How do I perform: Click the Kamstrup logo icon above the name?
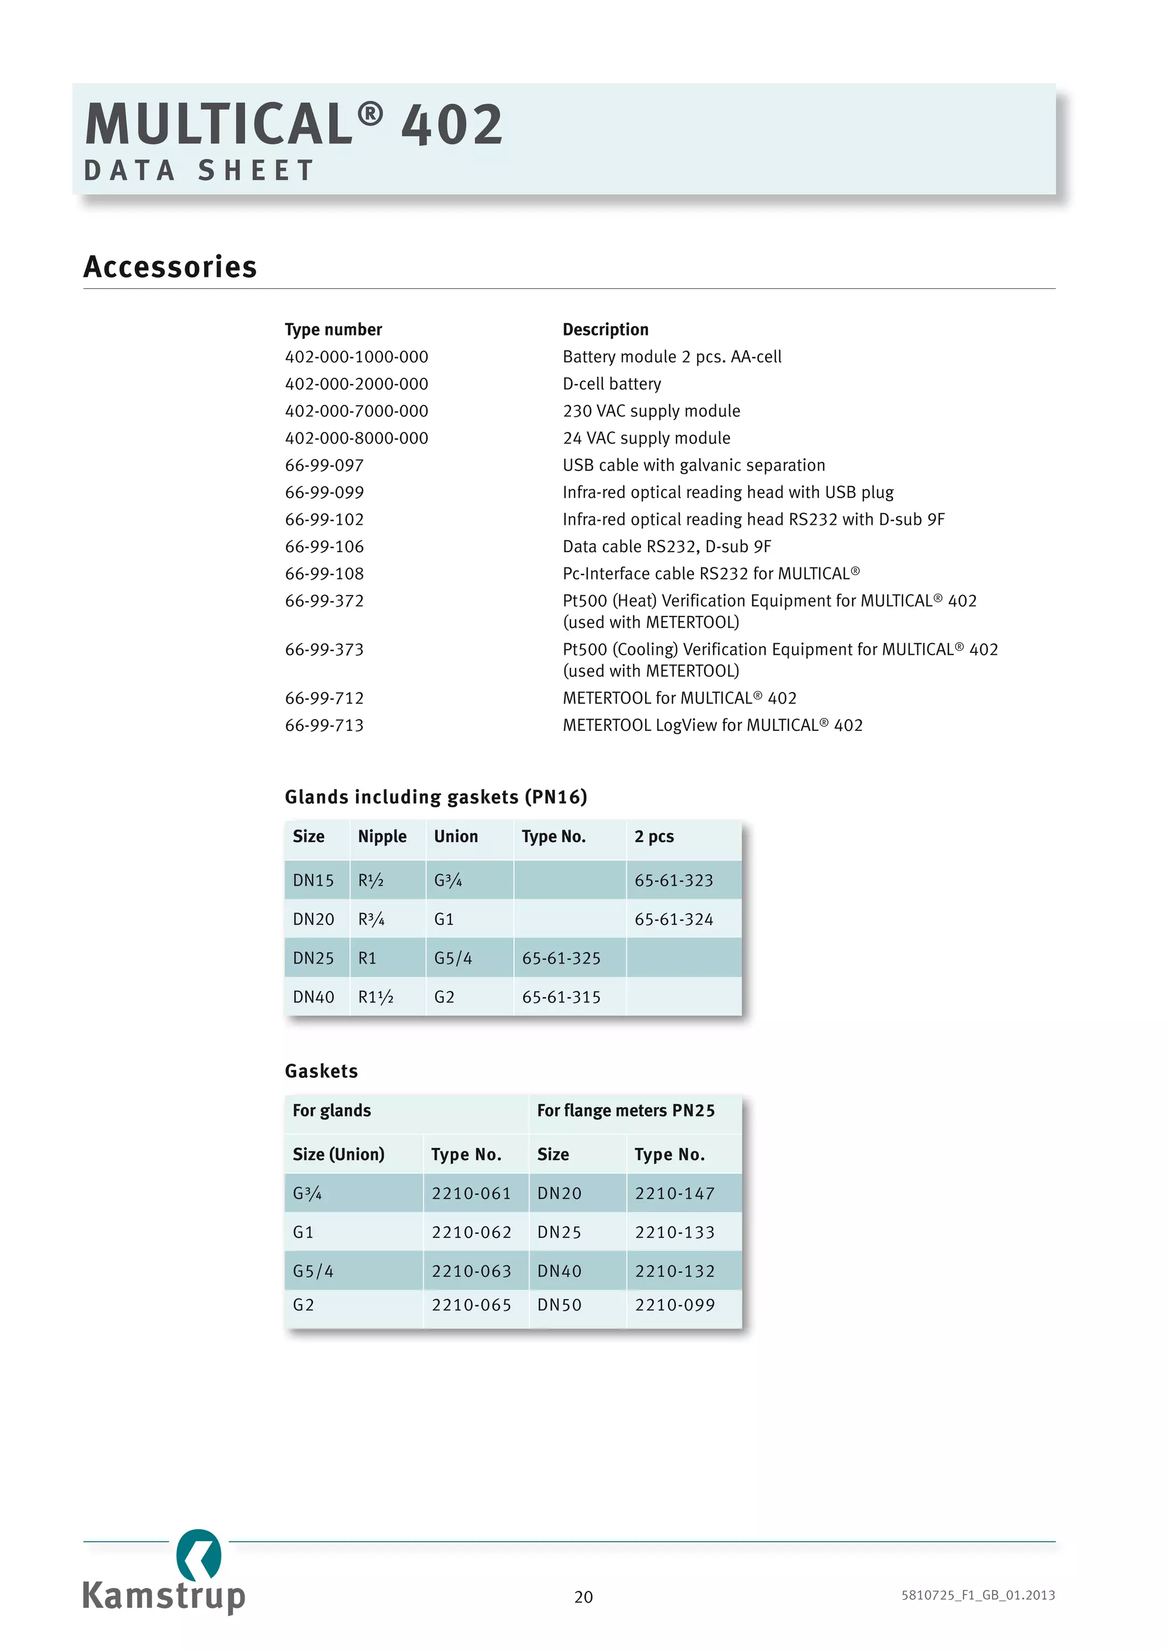(x=199, y=1554)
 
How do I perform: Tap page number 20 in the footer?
(x=583, y=1597)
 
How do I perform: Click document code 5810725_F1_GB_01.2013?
(x=977, y=1595)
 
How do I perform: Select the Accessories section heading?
(x=170, y=267)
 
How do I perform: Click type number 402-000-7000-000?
(x=356, y=411)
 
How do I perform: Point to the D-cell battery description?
(x=611, y=384)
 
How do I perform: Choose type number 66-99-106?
(x=324, y=547)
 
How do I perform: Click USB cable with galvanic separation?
(x=693, y=465)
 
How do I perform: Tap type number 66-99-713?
(x=324, y=725)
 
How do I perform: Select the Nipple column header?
(x=382, y=836)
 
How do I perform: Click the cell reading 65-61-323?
(x=674, y=880)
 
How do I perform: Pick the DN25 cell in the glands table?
(x=313, y=958)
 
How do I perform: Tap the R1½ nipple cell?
(x=375, y=996)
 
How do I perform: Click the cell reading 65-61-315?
(x=561, y=996)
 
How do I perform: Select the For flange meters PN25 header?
(x=625, y=1110)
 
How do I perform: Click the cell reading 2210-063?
(x=471, y=1271)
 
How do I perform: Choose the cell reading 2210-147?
(x=674, y=1193)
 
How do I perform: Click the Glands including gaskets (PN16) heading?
(x=435, y=797)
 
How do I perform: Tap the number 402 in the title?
(x=451, y=124)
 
